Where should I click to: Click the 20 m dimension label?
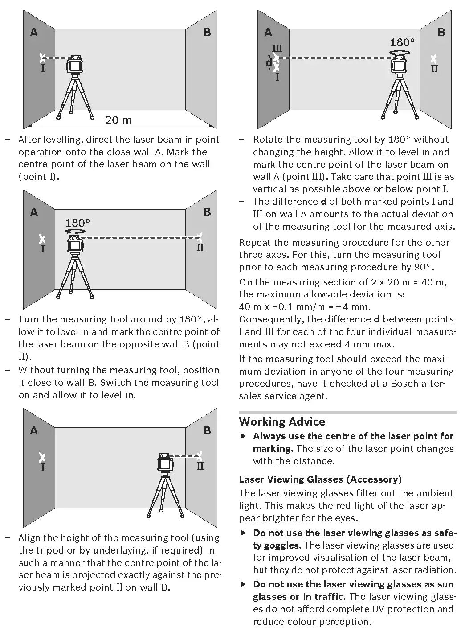(118, 120)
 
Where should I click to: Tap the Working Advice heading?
(282, 421)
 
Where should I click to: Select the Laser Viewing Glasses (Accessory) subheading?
(320, 479)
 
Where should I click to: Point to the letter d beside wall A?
(269, 63)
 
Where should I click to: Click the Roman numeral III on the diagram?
(277, 48)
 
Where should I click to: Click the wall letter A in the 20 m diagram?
(34, 33)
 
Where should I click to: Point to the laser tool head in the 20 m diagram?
(75, 65)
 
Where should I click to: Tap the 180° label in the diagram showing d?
(402, 42)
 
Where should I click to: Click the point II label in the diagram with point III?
(434, 69)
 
